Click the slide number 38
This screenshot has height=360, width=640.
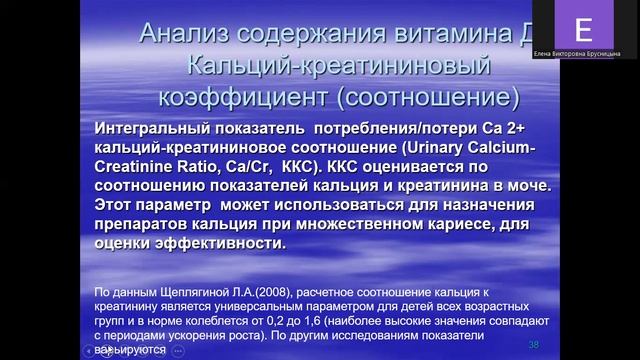[533, 344]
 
